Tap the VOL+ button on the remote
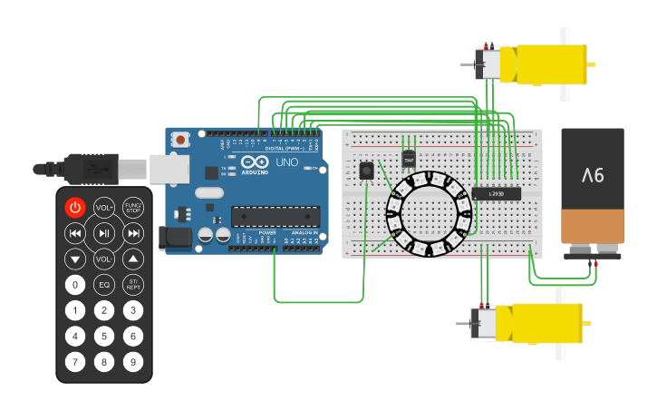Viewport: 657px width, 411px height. (x=104, y=208)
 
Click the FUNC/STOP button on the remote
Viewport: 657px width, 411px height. (x=133, y=208)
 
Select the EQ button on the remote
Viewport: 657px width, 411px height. (x=104, y=285)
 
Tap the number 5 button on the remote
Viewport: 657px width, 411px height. (x=104, y=336)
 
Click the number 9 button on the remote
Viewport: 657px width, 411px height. (x=133, y=362)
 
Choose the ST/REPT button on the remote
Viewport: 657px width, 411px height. (x=133, y=285)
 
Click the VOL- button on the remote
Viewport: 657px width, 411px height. (x=104, y=259)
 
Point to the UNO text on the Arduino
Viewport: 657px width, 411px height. (x=286, y=163)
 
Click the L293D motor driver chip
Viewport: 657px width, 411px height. (x=496, y=193)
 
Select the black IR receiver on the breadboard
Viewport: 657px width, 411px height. (x=366, y=170)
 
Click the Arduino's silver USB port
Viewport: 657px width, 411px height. (x=169, y=168)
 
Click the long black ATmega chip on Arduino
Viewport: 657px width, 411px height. (x=275, y=216)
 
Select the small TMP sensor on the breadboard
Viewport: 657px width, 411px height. (x=409, y=159)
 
